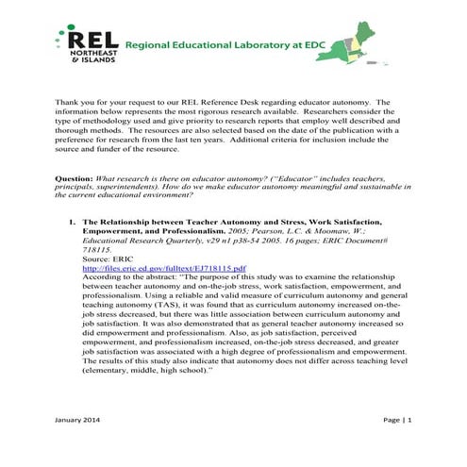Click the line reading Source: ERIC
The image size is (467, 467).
(x=108, y=259)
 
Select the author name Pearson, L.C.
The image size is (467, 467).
(x=254, y=229)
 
